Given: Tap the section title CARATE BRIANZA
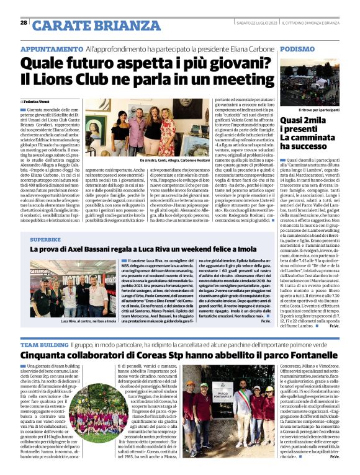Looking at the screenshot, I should (86, 25).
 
